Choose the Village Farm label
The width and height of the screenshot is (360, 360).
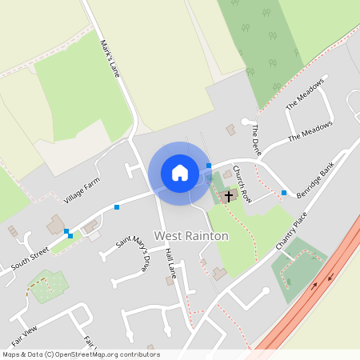pyautogui.click(x=83, y=192)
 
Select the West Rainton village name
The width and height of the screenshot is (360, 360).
pyautogui.click(x=191, y=235)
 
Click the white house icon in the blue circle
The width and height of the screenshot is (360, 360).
pyautogui.click(x=179, y=173)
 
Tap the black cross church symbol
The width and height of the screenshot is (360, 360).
pyautogui.click(x=229, y=195)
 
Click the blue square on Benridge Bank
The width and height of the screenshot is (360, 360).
pyautogui.click(x=284, y=192)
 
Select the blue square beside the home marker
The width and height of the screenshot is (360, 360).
pyautogui.click(x=209, y=166)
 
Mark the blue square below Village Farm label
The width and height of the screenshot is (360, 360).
pyautogui.click(x=117, y=207)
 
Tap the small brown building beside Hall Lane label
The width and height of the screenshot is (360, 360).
pyautogui.click(x=169, y=281)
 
